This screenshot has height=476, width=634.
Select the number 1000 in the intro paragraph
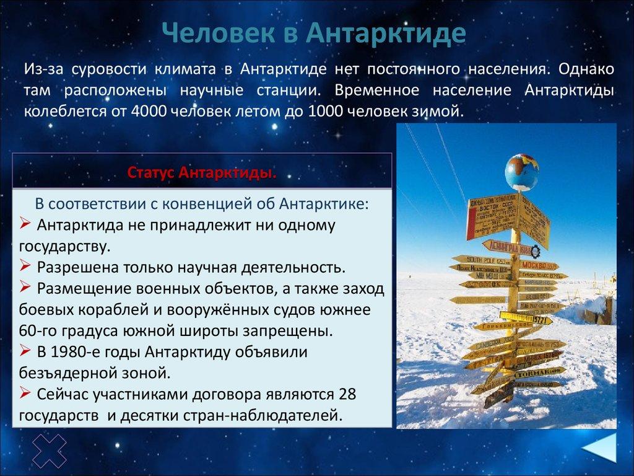(328, 112)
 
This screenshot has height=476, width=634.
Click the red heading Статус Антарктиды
(202, 172)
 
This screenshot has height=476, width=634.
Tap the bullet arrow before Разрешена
(27, 267)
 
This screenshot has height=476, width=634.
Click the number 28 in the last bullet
(348, 394)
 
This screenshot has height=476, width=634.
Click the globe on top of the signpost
(521, 172)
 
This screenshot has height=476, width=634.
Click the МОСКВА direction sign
(536, 265)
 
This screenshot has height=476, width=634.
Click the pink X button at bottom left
(49, 451)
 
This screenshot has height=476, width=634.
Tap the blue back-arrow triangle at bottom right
(601, 447)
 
